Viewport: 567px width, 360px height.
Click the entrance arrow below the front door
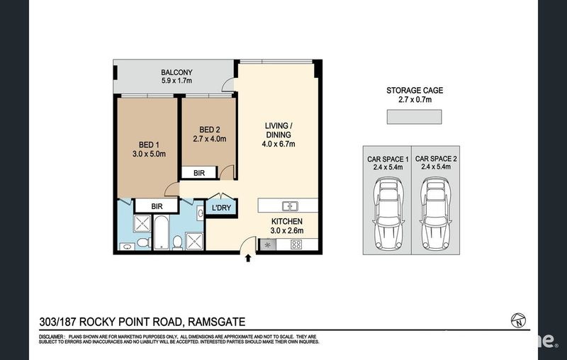tap(248, 258)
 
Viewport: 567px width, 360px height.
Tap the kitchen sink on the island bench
tap(290, 206)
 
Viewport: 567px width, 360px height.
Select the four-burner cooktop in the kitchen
tap(296, 244)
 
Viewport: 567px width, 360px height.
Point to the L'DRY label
tap(221, 208)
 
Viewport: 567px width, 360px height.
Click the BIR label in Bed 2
tap(199, 173)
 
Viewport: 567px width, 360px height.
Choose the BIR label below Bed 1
tap(157, 206)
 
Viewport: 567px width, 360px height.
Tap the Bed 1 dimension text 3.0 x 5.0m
tap(149, 154)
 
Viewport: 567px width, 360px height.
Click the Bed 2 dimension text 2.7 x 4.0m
tap(210, 138)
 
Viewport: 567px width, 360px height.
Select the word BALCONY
tap(176, 72)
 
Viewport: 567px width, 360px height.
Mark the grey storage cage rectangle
tap(415, 117)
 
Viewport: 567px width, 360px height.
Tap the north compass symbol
tap(518, 320)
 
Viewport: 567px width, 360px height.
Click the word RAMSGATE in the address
tap(217, 322)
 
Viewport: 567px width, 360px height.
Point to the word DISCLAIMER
tap(51, 337)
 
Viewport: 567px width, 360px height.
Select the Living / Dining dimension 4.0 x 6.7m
tap(279, 144)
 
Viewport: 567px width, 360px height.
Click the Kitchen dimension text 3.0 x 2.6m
tap(287, 230)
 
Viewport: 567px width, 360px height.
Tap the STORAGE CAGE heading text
tap(415, 91)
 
